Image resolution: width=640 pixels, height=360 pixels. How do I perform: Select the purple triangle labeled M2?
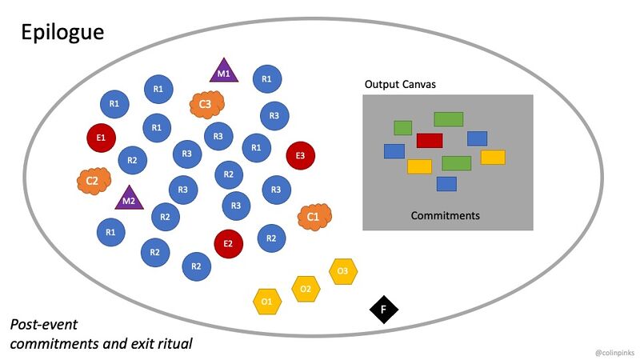(126, 198)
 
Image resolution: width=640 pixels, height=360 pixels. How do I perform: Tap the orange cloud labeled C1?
(314, 216)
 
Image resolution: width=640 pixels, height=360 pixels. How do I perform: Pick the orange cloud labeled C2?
(92, 181)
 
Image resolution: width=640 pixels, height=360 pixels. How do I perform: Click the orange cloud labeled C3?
(205, 104)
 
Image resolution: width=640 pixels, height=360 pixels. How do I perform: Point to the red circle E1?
(101, 138)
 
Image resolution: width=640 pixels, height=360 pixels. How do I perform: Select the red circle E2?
(228, 243)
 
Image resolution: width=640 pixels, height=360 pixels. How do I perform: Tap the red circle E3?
(301, 155)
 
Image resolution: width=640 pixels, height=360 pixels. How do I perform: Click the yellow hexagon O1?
(266, 302)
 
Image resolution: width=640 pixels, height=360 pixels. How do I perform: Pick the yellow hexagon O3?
(342, 271)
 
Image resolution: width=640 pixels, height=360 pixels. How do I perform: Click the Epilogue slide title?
(62, 33)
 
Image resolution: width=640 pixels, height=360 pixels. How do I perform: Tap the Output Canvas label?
(400, 84)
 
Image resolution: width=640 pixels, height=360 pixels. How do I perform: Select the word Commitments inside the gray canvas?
(446, 215)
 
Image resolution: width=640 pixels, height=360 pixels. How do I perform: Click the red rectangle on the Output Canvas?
(430, 141)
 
